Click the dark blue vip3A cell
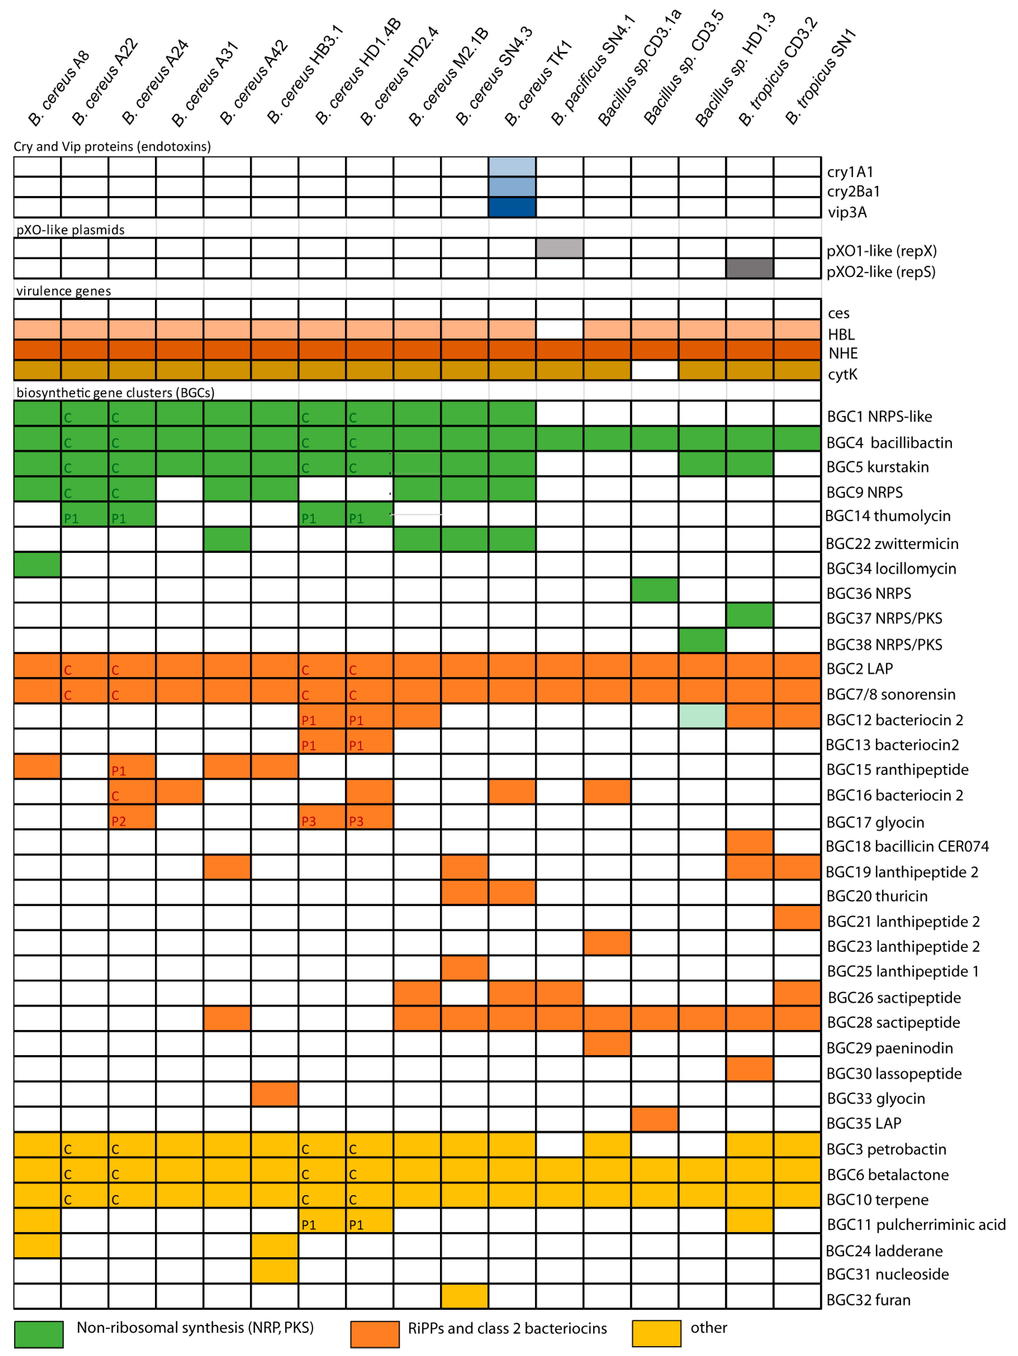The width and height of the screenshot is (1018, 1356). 512,207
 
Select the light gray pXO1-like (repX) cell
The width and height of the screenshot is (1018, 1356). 559,248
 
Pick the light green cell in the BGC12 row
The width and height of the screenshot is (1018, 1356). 702,716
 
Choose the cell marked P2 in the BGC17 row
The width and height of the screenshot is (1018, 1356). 132,817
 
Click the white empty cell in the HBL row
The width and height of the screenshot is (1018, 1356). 559,330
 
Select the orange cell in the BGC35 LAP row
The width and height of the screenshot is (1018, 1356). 654,1119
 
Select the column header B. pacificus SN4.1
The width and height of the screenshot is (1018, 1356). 592,71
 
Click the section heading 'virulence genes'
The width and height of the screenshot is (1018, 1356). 64,290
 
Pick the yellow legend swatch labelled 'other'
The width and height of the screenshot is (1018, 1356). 656,1333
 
